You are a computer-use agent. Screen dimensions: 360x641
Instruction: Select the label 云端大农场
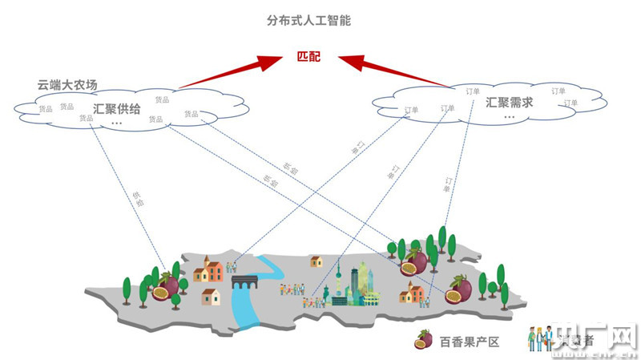pyautogui.click(x=67, y=83)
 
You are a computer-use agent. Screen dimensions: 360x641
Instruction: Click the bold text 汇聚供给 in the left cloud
pyautogui.click(x=117, y=108)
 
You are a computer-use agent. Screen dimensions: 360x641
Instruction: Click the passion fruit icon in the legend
pyautogui.click(x=423, y=340)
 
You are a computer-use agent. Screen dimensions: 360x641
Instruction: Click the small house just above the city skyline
pyautogui.click(x=316, y=261)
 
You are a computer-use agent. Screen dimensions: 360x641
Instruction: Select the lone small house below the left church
pyautogui.click(x=210, y=297)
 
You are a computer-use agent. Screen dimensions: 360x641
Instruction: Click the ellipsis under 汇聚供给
pyautogui.click(x=117, y=123)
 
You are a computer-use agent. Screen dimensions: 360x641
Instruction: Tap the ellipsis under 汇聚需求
pyautogui.click(x=509, y=117)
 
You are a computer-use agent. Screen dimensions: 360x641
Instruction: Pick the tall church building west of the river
pyautogui.click(x=211, y=270)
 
